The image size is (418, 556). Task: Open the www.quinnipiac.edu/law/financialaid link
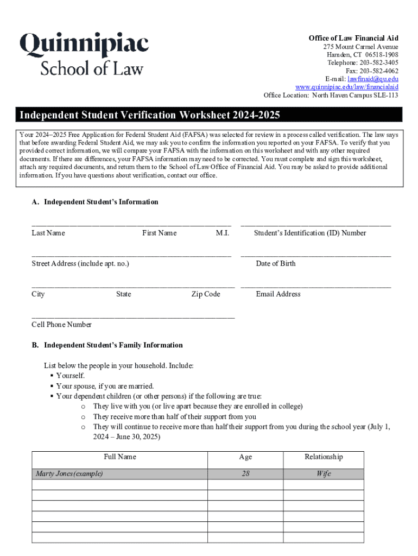[347, 87]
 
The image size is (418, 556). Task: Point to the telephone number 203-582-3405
[373, 62]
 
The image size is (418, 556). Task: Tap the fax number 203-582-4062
[378, 71]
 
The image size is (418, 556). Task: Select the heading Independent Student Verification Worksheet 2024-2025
[150, 115]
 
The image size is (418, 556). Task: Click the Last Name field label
[48, 233]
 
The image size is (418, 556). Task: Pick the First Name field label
[159, 233]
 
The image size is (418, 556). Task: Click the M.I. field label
[223, 233]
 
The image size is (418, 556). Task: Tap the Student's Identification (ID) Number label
[310, 233]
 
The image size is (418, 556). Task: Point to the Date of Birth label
[276, 263]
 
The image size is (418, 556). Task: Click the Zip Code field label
[206, 294]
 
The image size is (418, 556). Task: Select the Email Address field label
[278, 294]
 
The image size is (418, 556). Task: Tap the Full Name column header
[120, 457]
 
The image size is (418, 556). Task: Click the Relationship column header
[324, 457]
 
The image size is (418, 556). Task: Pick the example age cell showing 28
[245, 473]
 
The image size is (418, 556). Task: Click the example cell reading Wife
[324, 473]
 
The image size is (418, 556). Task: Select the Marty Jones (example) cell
[69, 473]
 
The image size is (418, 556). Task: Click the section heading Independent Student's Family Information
[113, 345]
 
